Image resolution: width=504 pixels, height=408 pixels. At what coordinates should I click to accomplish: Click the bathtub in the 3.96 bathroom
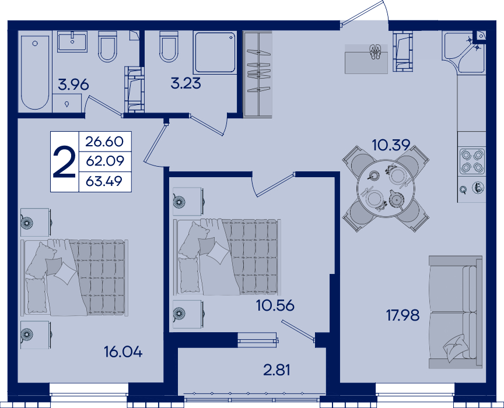tap(36, 72)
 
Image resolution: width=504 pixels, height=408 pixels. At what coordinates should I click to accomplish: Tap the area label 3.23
tap(185, 83)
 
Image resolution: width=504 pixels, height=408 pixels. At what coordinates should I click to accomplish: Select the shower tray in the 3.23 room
tap(215, 52)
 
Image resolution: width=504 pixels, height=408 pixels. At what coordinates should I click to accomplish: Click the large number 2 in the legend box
tap(64, 161)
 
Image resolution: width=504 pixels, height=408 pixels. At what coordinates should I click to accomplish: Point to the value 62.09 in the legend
tap(105, 161)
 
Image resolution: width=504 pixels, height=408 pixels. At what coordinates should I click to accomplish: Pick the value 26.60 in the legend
tap(104, 142)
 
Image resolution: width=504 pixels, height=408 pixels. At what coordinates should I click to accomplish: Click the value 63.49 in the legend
tap(104, 181)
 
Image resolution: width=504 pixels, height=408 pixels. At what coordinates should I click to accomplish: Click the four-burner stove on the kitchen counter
tap(472, 161)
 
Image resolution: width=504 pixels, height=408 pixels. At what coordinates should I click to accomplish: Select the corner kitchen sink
tap(464, 51)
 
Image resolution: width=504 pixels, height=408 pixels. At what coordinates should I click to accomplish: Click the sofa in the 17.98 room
tap(456, 312)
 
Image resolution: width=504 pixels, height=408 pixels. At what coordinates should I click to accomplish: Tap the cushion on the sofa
tap(456, 347)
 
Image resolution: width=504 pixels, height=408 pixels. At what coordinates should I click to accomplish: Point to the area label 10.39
tap(391, 145)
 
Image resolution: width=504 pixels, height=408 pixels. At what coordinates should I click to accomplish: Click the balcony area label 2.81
tap(276, 370)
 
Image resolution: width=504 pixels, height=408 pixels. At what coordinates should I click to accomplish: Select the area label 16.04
tap(123, 353)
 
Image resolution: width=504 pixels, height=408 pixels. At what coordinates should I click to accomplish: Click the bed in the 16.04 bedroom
tap(74, 277)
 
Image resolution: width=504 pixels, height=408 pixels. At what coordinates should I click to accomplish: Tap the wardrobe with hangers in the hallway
tap(258, 73)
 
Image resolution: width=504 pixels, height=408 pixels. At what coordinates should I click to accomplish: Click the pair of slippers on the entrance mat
tap(374, 52)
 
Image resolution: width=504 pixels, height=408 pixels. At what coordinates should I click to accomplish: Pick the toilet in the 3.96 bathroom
tap(107, 46)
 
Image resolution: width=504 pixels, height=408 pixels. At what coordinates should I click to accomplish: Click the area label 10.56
tap(275, 306)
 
